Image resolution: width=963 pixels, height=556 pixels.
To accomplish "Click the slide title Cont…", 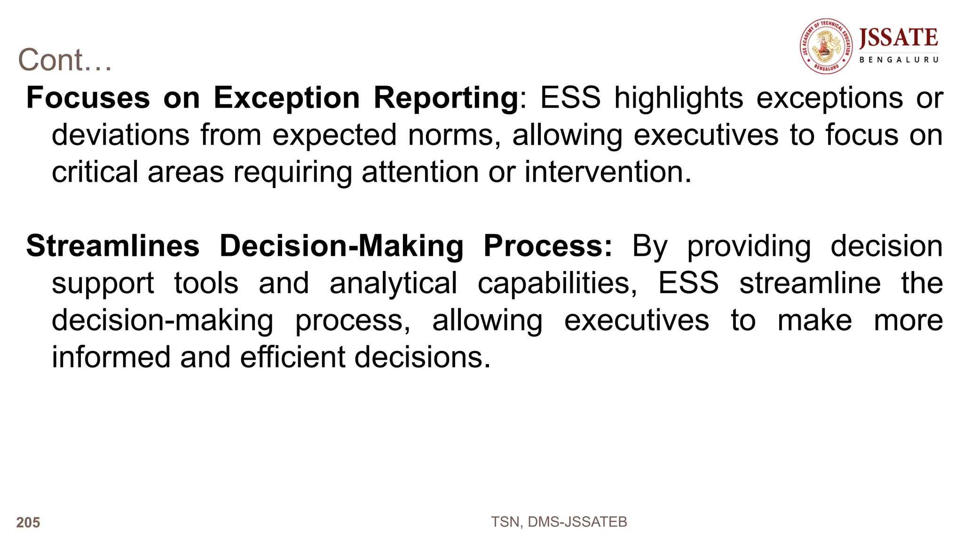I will click(65, 60).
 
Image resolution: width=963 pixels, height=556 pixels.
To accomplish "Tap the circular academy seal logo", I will click(827, 47).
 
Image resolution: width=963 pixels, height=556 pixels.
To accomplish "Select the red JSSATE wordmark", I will click(899, 38).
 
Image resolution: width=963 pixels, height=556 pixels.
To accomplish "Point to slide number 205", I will click(28, 523).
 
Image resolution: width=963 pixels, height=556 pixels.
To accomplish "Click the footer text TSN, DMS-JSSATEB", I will click(559, 522).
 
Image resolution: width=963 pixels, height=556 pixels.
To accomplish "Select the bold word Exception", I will click(287, 98).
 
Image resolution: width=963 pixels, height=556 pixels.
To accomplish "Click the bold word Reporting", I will click(446, 98).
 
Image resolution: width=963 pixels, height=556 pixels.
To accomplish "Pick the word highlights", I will click(679, 98).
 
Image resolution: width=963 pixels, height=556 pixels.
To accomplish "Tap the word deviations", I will click(120, 135).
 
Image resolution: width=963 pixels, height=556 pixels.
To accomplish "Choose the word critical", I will click(95, 172).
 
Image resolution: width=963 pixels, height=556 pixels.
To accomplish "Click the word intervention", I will click(608, 172).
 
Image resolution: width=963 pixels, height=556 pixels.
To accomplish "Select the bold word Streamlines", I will click(113, 246).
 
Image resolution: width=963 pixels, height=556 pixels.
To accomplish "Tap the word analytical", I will click(394, 283).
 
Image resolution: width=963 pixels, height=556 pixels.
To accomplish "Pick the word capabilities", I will click(558, 283).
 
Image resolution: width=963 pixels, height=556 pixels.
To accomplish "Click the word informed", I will click(111, 357).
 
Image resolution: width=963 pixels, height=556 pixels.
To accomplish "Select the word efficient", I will click(293, 357).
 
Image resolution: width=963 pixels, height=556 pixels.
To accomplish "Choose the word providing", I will click(749, 246).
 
